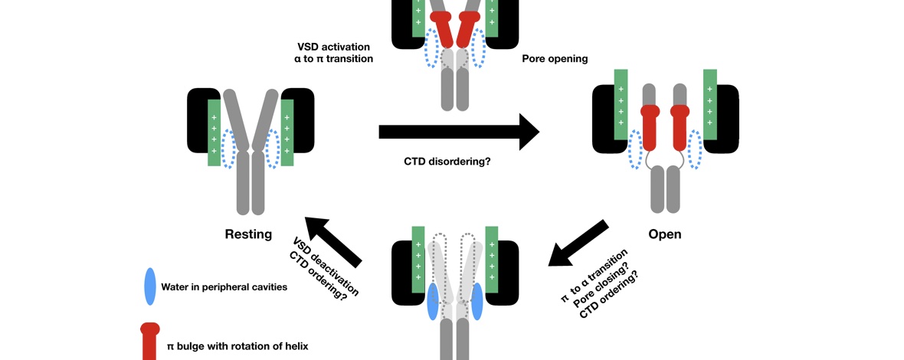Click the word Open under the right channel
664,234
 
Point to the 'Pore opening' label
555,58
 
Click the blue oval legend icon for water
149,286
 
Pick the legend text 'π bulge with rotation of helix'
237,346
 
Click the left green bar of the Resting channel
214,132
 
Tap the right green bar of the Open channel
709,105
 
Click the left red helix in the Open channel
650,127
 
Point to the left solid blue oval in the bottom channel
433,301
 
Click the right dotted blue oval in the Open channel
696,148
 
